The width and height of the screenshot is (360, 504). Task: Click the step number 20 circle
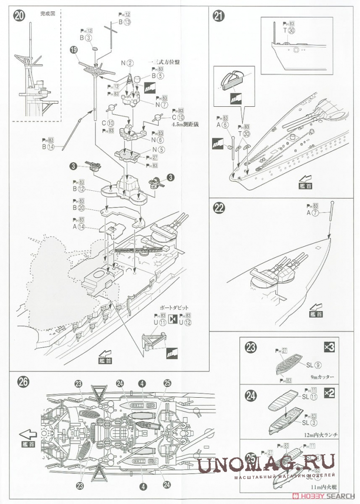20,15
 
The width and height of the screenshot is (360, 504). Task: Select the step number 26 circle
23,381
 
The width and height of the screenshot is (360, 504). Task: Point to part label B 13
125,23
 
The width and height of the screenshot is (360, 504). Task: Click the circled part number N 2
127,62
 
